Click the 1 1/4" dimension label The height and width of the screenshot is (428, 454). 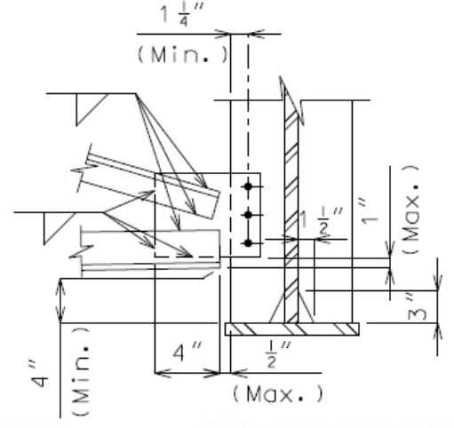click(x=181, y=16)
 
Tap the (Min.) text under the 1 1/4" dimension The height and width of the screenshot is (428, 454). click(x=183, y=55)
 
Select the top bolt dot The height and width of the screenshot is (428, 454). click(x=248, y=186)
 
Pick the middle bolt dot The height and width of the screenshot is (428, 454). click(x=248, y=215)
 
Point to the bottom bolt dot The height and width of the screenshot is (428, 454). click(x=248, y=243)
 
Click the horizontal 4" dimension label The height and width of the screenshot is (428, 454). click(x=187, y=352)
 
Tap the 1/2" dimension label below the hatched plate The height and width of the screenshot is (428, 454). click(x=278, y=354)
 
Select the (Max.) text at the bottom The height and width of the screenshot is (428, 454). click(x=278, y=394)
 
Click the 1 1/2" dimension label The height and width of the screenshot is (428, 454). click(x=322, y=220)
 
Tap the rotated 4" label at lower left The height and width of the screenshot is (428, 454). click(x=39, y=374)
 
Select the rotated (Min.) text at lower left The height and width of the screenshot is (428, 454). click(x=81, y=371)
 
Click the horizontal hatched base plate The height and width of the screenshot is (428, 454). click(x=292, y=329)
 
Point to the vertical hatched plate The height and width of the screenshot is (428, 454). click(x=291, y=216)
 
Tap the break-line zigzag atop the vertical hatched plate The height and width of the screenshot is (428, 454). click(x=291, y=100)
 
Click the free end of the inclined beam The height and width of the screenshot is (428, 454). click(x=216, y=205)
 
